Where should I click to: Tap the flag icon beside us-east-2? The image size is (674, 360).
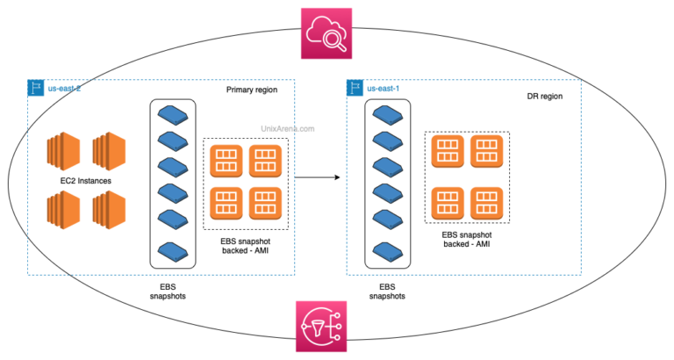point(36,88)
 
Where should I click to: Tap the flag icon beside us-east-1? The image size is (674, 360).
point(355,88)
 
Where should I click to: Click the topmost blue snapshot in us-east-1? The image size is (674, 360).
point(387,113)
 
